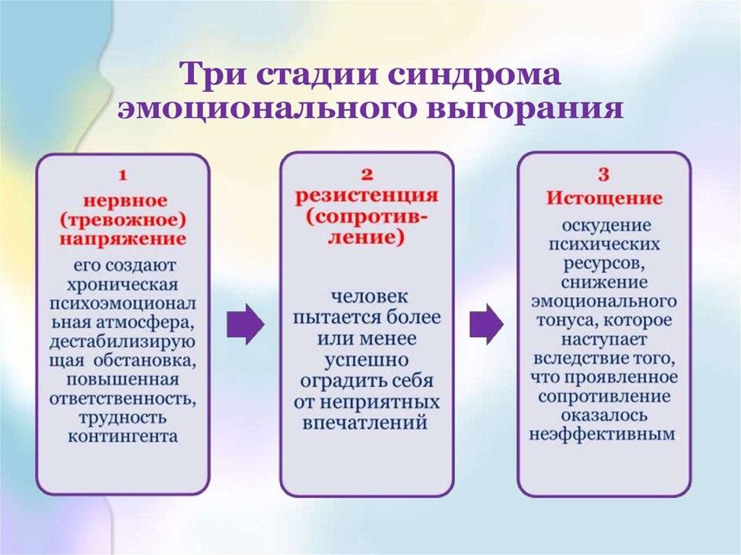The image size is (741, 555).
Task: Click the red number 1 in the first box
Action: [123, 176]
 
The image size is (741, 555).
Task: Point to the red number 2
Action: [367, 175]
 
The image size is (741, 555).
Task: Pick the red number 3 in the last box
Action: [603, 175]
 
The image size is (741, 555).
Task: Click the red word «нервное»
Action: [126, 201]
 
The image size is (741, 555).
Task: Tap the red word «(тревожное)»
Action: [123, 220]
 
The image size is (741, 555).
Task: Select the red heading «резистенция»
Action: [367, 196]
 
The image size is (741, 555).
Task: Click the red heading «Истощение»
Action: [604, 198]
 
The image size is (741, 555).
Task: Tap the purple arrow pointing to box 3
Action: [486, 324]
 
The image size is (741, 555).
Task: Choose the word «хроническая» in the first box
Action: [123, 285]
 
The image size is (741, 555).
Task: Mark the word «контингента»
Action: [123, 436]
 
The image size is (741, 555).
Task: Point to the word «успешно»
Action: [367, 360]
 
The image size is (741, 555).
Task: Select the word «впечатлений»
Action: [365, 422]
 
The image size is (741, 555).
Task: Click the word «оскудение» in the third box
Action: [606, 225]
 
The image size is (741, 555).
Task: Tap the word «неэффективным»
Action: [603, 434]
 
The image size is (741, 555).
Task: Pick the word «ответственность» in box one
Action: [123, 399]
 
